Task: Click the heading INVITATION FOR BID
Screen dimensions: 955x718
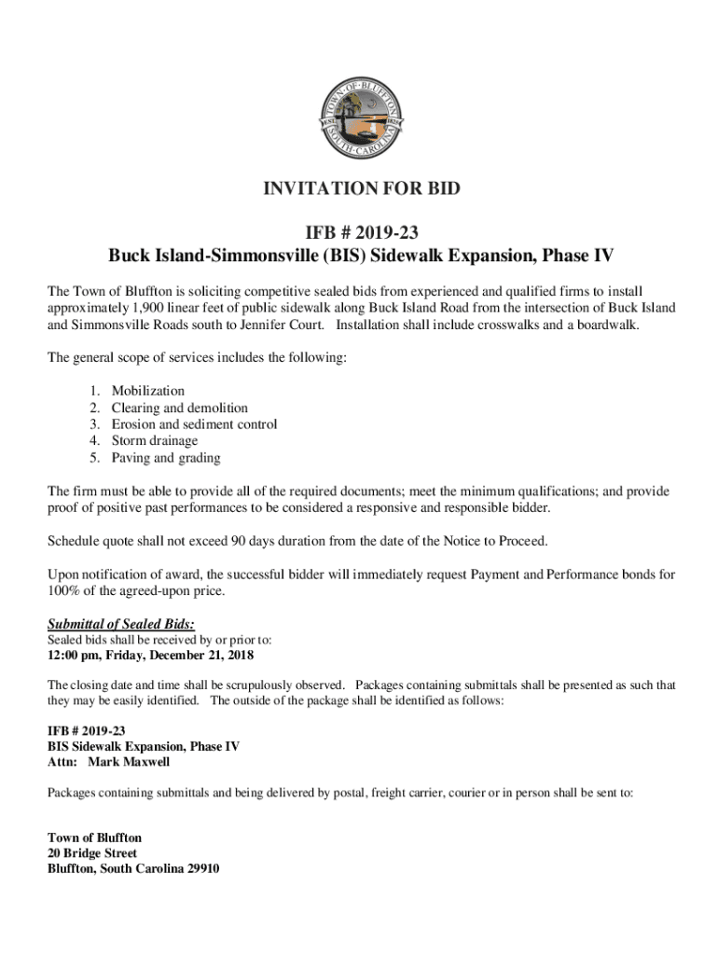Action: click(x=360, y=189)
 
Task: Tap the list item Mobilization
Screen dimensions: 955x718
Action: click(x=147, y=391)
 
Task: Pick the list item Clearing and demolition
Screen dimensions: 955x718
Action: click(x=179, y=408)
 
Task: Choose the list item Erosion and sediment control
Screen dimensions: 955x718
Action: click(x=194, y=424)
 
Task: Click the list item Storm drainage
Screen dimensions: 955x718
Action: click(x=155, y=441)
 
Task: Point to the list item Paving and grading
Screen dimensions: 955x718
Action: click(x=166, y=458)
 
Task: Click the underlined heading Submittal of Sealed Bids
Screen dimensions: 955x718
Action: click(x=121, y=624)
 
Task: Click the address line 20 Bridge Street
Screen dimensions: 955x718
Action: click(x=92, y=853)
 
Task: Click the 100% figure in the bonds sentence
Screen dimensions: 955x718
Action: click(x=63, y=591)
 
